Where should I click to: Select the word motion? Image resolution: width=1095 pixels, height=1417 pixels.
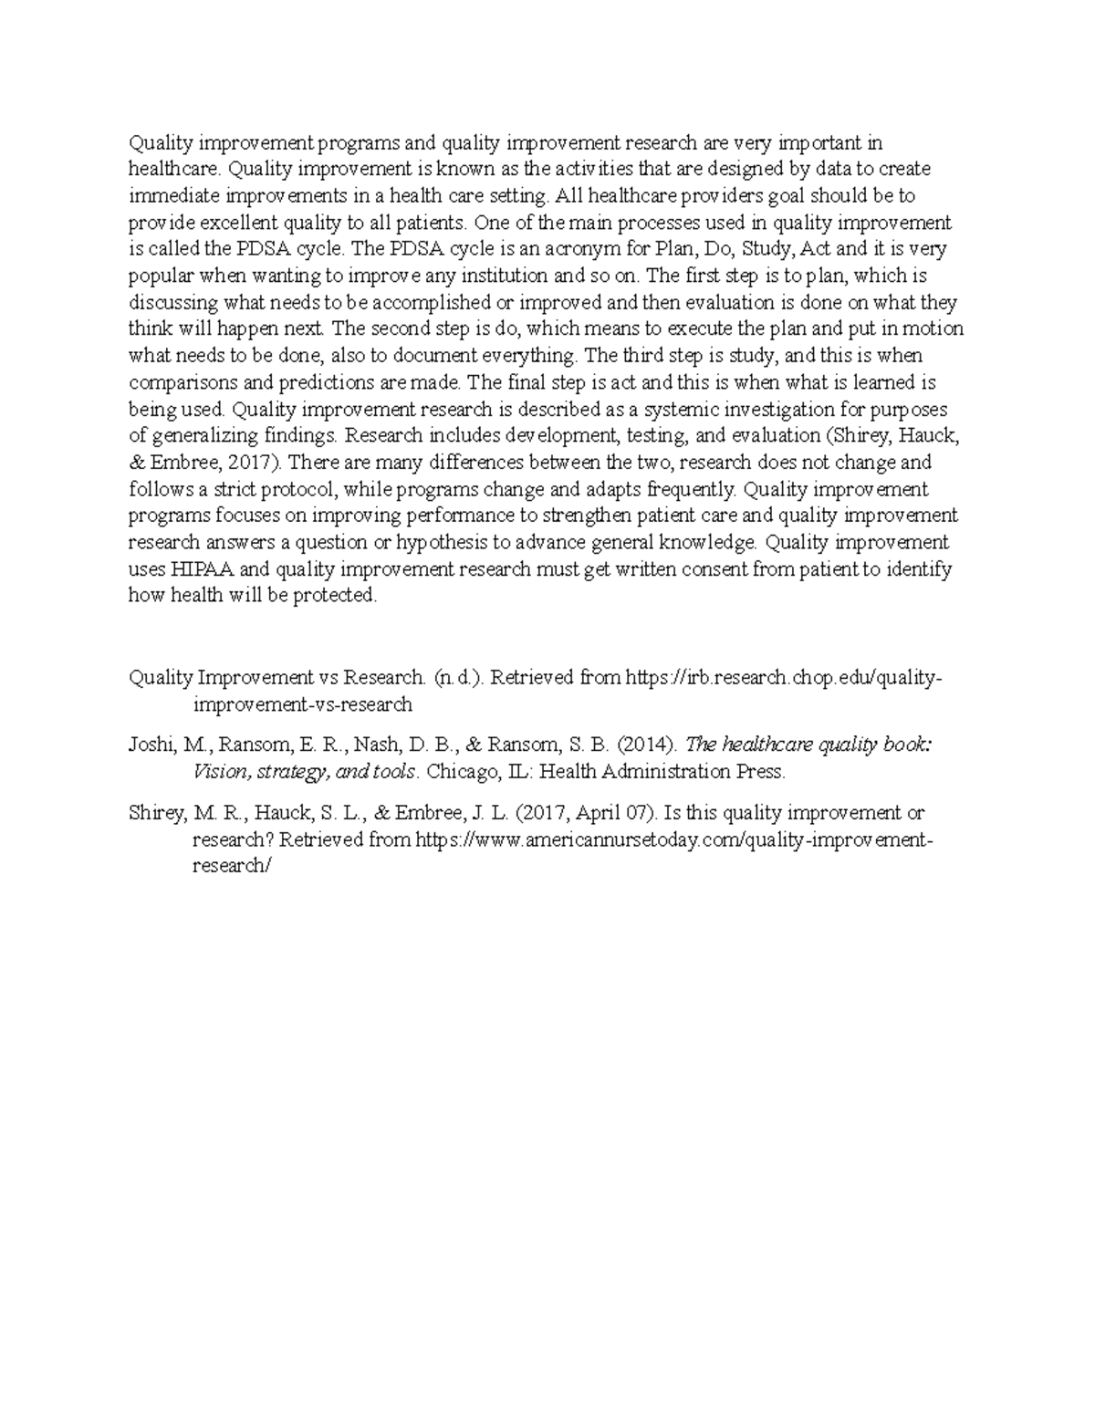click(932, 329)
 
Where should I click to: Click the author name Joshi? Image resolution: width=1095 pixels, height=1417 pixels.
click(151, 745)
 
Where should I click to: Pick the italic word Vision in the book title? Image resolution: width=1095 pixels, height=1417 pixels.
click(219, 772)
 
